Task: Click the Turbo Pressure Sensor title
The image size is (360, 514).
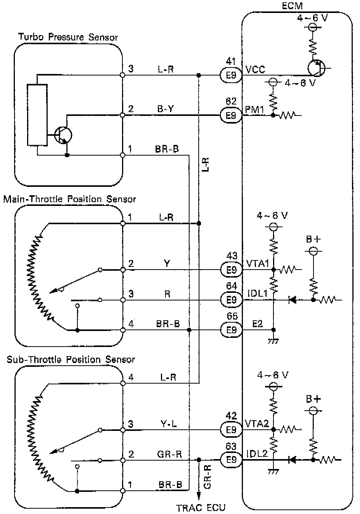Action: (x=68, y=37)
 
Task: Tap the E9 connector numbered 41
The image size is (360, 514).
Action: (x=231, y=75)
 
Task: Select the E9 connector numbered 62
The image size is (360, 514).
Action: (x=231, y=115)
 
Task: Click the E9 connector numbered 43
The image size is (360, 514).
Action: (x=231, y=270)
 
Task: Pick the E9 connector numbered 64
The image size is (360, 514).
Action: (x=231, y=300)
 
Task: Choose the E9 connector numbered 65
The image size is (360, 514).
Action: (x=231, y=330)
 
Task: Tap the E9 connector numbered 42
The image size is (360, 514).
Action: (x=231, y=430)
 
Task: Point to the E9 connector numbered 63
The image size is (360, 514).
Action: (x=231, y=460)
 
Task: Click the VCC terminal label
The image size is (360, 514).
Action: (x=255, y=70)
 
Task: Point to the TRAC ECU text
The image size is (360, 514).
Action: (x=201, y=508)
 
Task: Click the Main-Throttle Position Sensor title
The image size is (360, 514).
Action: (x=69, y=199)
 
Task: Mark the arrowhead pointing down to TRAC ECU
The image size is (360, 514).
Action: (x=199, y=496)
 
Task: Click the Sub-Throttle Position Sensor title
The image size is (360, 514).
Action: (x=71, y=360)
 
